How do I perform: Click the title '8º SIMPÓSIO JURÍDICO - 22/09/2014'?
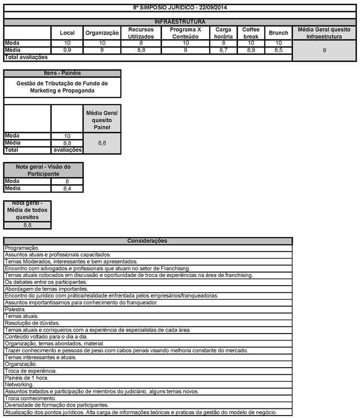coord(180,8)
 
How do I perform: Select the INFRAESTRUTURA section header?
coord(180,22)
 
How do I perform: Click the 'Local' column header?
coord(67,33)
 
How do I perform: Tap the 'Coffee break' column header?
coord(251,33)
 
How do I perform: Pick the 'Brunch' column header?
coord(278,33)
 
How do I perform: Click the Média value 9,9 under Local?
coord(67,50)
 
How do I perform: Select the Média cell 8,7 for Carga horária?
coord(224,50)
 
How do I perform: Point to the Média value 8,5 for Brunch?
coord(278,50)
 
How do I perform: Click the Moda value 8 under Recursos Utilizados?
coord(141,43)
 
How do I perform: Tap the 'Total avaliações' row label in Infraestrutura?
coord(26,57)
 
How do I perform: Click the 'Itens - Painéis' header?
coord(62,73)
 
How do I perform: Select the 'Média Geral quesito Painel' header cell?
coord(102,120)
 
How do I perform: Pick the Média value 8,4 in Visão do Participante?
coord(67,189)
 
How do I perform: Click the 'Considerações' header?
coord(147,240)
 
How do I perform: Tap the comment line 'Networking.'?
coord(19,384)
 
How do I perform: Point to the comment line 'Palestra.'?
coord(15,310)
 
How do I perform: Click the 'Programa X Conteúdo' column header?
coord(186,33)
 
